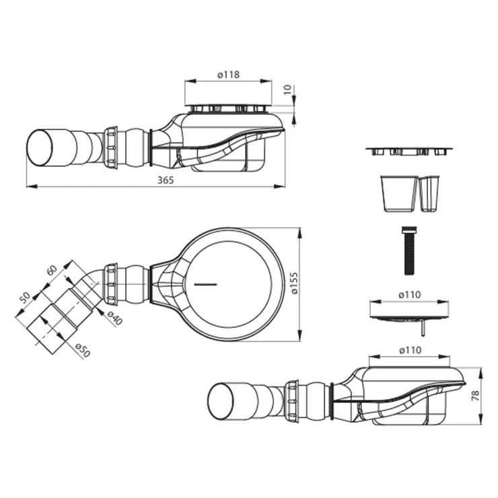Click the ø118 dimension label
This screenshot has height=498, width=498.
coord(228,75)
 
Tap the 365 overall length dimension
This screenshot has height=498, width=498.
coord(166,180)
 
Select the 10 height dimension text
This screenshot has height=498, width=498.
coord(287,90)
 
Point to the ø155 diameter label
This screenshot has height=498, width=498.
coord(294,283)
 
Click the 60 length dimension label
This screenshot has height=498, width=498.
coord(51,271)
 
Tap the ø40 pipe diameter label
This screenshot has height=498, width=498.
coord(114,318)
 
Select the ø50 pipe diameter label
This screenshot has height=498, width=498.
coord(83,350)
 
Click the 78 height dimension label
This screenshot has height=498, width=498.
coord(475,395)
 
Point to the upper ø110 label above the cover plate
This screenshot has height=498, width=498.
coord(410,295)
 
